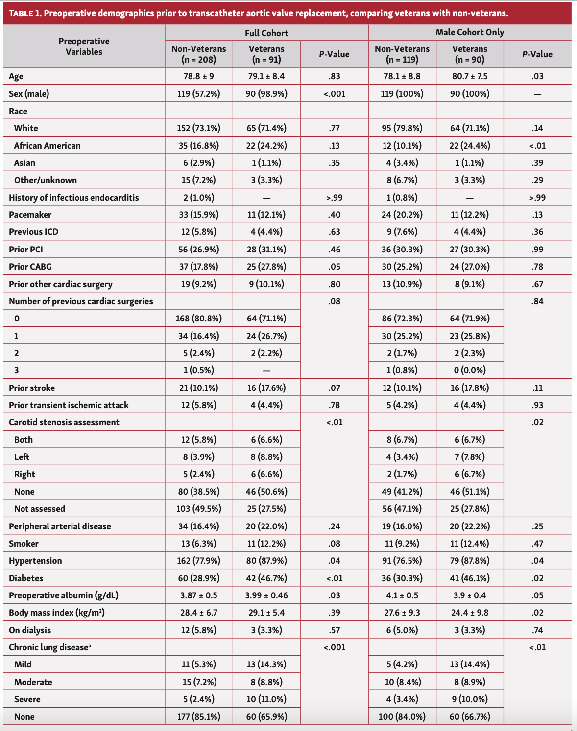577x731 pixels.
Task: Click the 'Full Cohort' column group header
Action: coord(266,33)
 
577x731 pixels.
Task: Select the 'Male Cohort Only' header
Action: coord(470,32)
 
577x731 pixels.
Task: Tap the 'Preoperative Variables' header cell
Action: coord(84,46)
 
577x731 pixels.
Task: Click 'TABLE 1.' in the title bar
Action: coord(24,13)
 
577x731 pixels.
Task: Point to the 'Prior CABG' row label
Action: coord(30,267)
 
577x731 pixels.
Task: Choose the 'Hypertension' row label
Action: coord(35,561)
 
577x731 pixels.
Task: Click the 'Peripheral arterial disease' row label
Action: coord(60,526)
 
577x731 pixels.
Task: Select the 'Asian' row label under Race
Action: coord(24,163)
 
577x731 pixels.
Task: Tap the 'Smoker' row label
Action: coord(24,544)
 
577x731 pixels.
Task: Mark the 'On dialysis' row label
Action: coord(30,630)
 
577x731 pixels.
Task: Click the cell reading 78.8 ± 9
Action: coord(198,76)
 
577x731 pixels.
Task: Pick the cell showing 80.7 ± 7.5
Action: coord(470,76)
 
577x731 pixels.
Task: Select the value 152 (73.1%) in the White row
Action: coord(198,128)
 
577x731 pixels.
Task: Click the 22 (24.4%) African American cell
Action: coord(470,146)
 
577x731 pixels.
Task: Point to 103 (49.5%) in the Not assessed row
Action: coord(198,509)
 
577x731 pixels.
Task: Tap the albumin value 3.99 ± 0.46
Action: coord(266,595)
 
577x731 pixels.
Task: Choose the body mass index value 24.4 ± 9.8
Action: coord(470,613)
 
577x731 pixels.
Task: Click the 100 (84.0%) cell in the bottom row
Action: coord(402,717)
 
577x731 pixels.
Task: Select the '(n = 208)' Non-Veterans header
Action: coord(198,60)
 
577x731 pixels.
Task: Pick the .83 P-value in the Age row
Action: coord(335,76)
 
